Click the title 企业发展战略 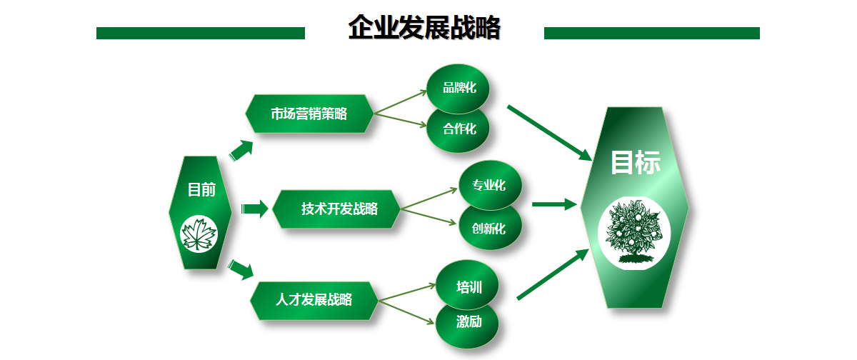pos(424,28)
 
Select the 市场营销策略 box pos(309,114)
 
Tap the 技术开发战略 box pos(336,209)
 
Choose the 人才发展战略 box pos(314,300)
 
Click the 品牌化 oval pos(458,89)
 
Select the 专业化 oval pos(490,185)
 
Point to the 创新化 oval pos(490,229)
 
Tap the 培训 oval pos(467,285)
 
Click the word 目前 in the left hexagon pos(201,189)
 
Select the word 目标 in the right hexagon pos(636,162)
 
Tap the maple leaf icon pos(199,234)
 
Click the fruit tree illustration pos(634,233)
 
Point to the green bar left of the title pos(201,34)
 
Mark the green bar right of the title pos(651,34)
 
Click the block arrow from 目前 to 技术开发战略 pos(255,209)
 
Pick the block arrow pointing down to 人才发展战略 pos(241,269)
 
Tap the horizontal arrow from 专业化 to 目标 pos(554,204)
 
